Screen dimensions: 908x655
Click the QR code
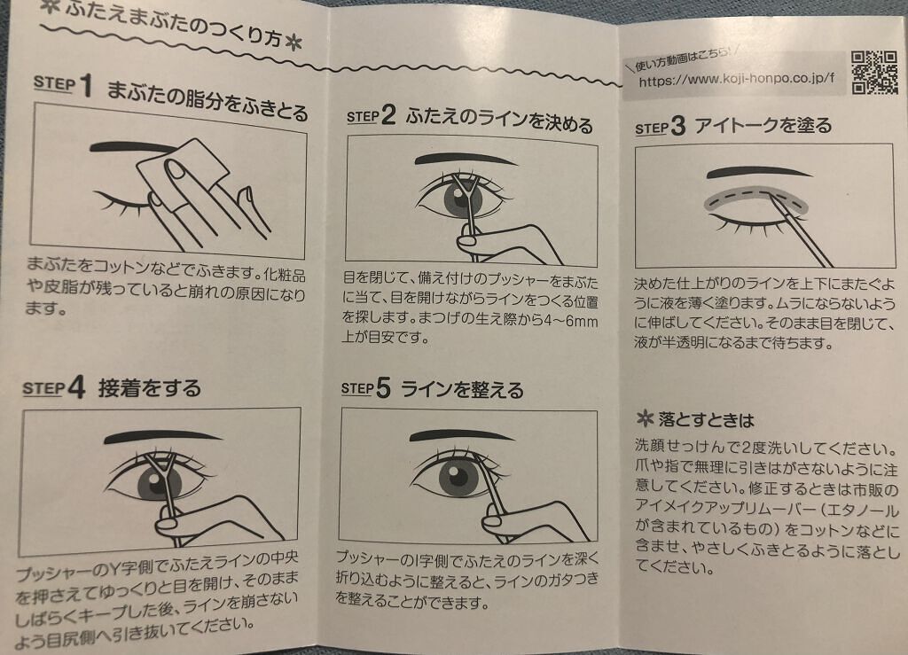coord(875,73)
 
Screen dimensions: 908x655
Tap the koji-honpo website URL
coord(737,79)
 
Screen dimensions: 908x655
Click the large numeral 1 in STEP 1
coord(86,85)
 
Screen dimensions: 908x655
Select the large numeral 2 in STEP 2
coord(388,114)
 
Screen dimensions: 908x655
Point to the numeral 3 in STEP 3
coord(677,126)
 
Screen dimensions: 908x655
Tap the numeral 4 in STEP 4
coord(76,387)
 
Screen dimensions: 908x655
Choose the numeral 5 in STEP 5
coord(383,387)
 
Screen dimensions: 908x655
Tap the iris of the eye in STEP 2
coord(463,198)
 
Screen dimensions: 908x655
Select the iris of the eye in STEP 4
coord(160,482)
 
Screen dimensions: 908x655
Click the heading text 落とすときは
coord(706,419)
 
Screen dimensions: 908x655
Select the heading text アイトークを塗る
coord(763,125)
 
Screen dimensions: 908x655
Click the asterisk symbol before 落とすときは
coord(644,418)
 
